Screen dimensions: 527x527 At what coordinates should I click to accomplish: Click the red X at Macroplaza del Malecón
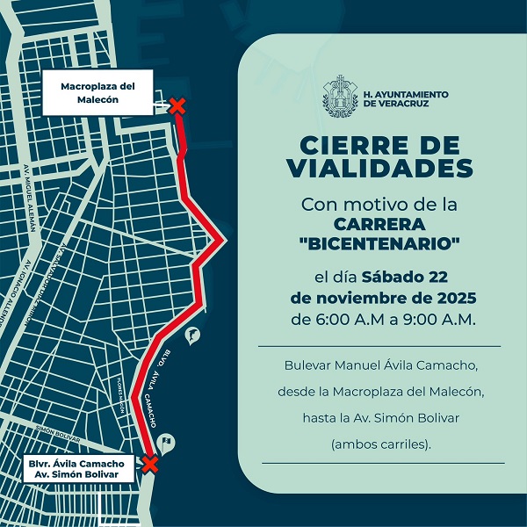pos(177,106)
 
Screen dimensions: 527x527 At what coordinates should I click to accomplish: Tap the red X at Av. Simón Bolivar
pos(150,464)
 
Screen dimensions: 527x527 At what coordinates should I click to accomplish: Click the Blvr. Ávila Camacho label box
pos(80,467)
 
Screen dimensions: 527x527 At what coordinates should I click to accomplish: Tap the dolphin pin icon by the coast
pos(191,334)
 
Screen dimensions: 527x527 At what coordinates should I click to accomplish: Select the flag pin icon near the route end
pos(167,442)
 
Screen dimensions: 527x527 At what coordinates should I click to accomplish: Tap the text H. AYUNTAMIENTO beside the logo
pos(405,93)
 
